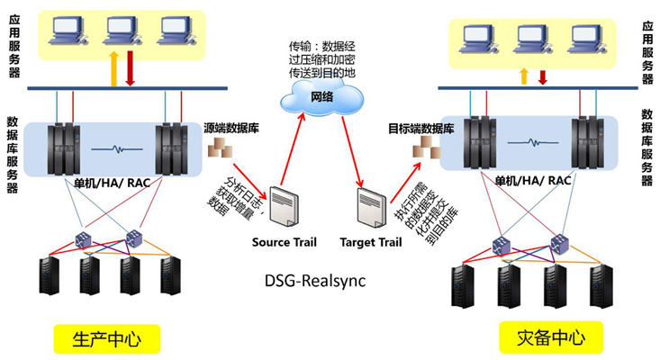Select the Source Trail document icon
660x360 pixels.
pyautogui.click(x=286, y=209)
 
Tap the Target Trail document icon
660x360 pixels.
pyautogui.click(x=370, y=209)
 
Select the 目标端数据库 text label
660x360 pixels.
pyautogui.click(x=420, y=129)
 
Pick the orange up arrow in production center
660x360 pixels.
pyautogui.click(x=114, y=69)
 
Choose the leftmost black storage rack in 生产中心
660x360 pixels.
pyautogui.click(x=50, y=275)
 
